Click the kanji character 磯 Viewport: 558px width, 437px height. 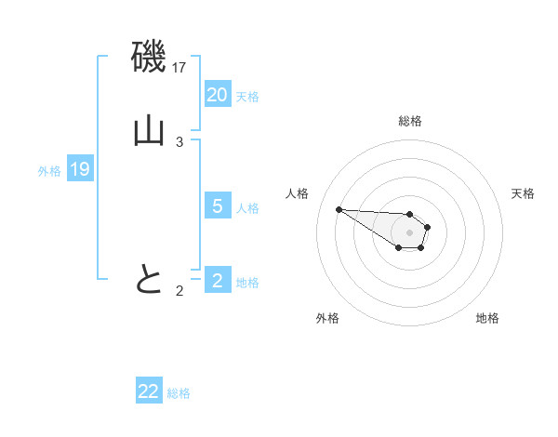pos(149,58)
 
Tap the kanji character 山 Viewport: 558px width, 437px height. pos(149,132)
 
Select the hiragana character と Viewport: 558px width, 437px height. pos(149,280)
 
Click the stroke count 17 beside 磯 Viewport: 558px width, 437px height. pos(180,68)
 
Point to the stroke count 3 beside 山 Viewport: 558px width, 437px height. pos(179,142)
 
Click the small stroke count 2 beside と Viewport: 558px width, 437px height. pos(179,291)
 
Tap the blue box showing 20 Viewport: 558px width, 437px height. pos(218,95)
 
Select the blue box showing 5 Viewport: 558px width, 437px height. pos(218,206)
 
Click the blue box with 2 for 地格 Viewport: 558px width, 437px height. pos(218,281)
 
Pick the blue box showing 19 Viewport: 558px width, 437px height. pos(80,169)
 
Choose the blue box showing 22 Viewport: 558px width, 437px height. pos(149,391)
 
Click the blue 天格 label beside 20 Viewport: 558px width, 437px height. pos(247,97)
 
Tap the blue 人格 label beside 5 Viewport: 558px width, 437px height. pos(247,208)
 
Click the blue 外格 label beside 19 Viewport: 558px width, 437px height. pos(49,171)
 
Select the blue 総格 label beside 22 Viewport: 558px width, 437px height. pos(179,393)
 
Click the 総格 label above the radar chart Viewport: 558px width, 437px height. pos(410,121)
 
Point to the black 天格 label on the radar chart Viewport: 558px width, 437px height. pos(523,193)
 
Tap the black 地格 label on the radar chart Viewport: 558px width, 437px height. pos(487,318)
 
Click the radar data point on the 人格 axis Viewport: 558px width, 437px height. pos(339,209)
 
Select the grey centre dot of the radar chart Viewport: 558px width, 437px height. pos(409,232)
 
